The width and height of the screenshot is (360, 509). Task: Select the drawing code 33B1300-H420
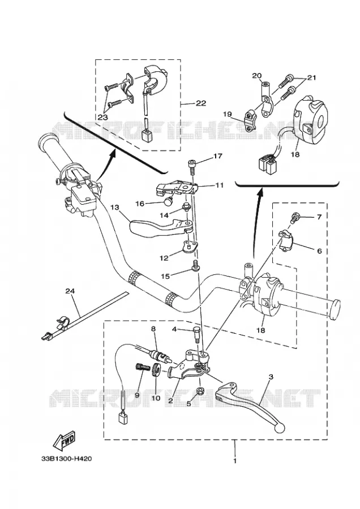pyautogui.click(x=66, y=459)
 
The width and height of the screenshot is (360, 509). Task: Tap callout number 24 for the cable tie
pyautogui.click(x=70, y=291)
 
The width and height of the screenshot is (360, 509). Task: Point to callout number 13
pyautogui.click(x=115, y=207)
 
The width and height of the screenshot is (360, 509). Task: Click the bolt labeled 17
pyautogui.click(x=191, y=165)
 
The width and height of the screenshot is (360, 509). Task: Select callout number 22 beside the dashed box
pyautogui.click(x=201, y=103)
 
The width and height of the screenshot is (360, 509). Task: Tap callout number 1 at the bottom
pyautogui.click(x=234, y=461)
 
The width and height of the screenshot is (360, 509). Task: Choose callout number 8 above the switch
pyautogui.click(x=153, y=329)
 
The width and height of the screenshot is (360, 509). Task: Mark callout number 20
pyautogui.click(x=256, y=76)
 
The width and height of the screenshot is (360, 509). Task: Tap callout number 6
pyautogui.click(x=319, y=251)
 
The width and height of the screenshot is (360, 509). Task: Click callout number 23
pyautogui.click(x=102, y=118)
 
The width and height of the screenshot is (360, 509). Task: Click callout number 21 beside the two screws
pyautogui.click(x=311, y=77)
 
